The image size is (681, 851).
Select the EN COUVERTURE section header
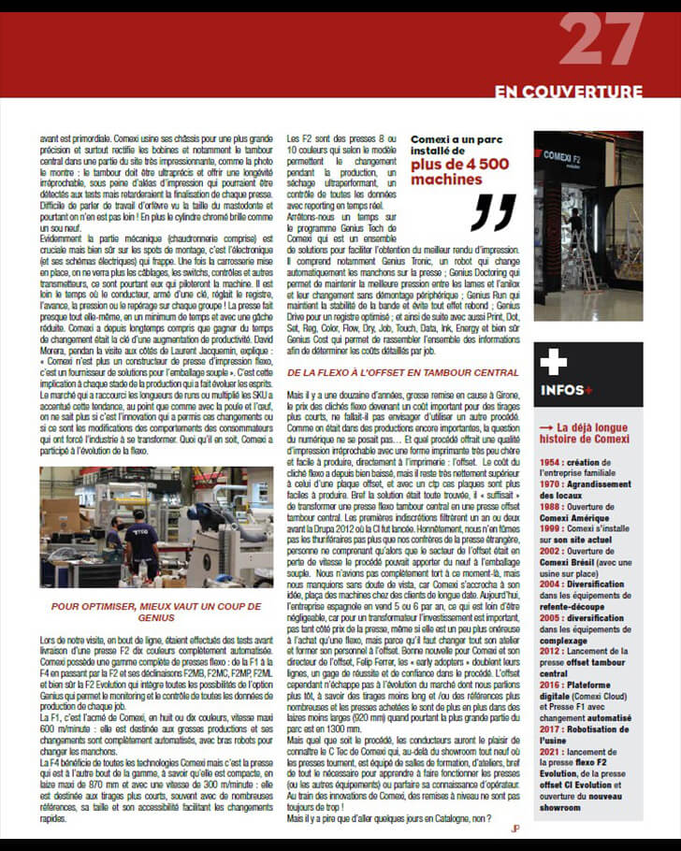[x=569, y=92]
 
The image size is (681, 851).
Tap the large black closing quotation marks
[x=493, y=212]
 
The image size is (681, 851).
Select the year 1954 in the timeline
[x=551, y=463]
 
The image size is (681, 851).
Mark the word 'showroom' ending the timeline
[x=560, y=808]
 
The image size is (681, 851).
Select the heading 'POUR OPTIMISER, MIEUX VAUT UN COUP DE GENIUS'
[x=142, y=611]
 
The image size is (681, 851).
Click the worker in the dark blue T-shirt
[x=142, y=543]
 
